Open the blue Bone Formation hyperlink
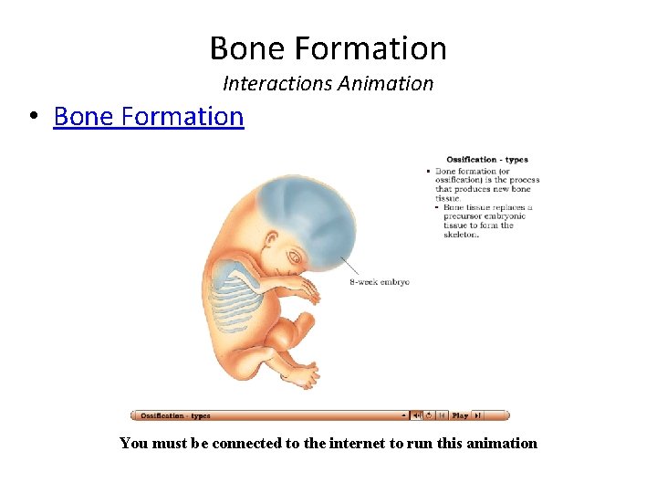tap(149, 117)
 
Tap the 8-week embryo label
tap(380, 282)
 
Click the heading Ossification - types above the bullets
tap(487, 160)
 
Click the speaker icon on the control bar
tap(416, 415)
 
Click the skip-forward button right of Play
tap(477, 415)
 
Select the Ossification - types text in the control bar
tap(175, 415)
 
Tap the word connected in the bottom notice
tap(257, 443)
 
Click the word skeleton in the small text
tap(461, 235)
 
